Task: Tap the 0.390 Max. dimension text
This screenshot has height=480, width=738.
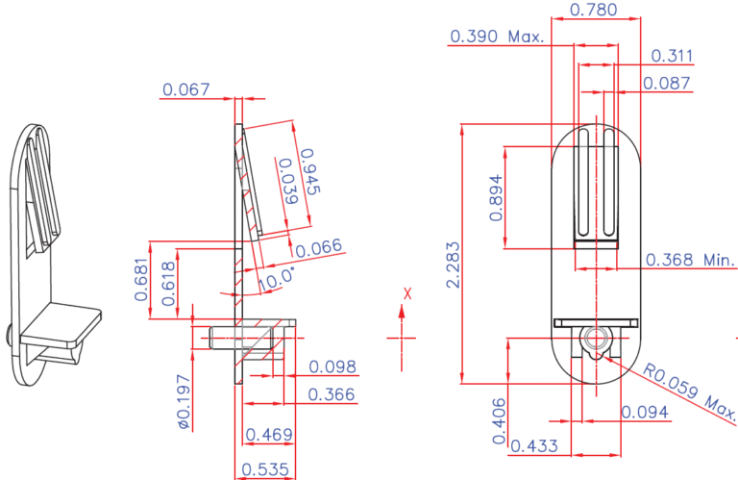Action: [496, 37]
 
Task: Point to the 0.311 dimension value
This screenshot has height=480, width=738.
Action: [672, 56]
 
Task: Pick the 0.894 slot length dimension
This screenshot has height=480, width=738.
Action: [496, 198]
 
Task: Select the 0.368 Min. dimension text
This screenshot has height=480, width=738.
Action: [690, 260]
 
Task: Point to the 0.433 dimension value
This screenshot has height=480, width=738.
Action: [536, 446]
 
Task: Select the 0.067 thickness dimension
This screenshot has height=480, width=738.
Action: [186, 89]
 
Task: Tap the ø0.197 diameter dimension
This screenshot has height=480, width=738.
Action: [182, 400]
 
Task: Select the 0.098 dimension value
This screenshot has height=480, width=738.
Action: [332, 366]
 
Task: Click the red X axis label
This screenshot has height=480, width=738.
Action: [407, 293]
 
